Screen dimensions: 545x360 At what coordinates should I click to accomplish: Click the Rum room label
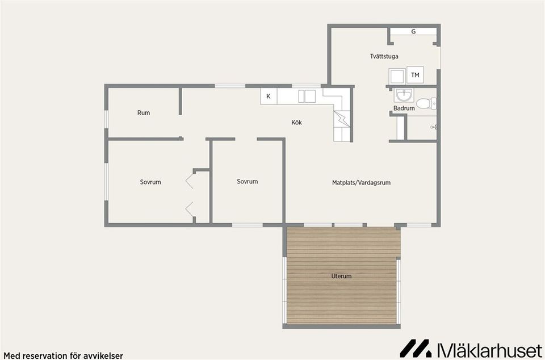click(x=144, y=112)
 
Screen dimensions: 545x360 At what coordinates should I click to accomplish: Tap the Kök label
click(x=296, y=122)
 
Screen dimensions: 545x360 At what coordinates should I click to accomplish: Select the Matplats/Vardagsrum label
click(x=361, y=182)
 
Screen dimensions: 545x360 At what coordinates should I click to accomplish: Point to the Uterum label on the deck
click(x=341, y=276)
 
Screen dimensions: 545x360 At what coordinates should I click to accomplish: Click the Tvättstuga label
click(x=384, y=56)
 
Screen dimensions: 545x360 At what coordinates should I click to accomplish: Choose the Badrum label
click(x=404, y=108)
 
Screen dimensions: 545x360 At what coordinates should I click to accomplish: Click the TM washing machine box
click(x=415, y=75)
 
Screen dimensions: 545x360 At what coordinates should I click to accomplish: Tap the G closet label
click(x=413, y=32)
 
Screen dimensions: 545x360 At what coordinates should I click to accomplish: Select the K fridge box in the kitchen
click(x=269, y=97)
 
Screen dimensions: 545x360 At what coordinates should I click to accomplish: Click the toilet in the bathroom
click(x=426, y=103)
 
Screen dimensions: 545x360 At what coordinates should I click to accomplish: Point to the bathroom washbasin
click(x=404, y=95)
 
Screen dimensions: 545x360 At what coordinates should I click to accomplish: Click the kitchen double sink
click(x=307, y=97)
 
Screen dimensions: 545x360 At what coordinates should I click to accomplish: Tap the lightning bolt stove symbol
click(x=342, y=119)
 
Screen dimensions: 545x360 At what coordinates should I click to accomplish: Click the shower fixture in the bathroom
click(x=433, y=128)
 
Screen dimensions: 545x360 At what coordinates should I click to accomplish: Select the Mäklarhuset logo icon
click(x=415, y=348)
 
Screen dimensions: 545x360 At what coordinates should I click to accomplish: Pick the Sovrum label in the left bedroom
click(x=150, y=182)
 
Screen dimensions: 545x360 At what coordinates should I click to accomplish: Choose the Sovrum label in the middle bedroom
click(x=248, y=181)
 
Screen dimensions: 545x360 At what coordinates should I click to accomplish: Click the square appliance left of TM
click(x=397, y=76)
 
